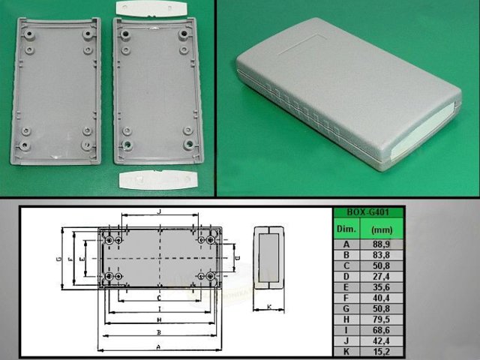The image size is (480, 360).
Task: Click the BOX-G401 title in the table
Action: (x=367, y=212)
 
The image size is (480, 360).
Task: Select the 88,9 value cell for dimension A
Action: (x=385, y=244)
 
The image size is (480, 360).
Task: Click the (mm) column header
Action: (x=385, y=228)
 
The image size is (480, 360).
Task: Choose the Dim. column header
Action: (x=347, y=228)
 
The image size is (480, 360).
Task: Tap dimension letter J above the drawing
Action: (x=159, y=213)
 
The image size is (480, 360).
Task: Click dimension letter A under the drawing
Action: (x=158, y=346)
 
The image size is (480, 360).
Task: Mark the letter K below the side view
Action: (x=268, y=307)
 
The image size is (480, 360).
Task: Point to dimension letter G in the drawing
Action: (x=58, y=259)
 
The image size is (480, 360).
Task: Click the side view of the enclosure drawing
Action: (x=268, y=257)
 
